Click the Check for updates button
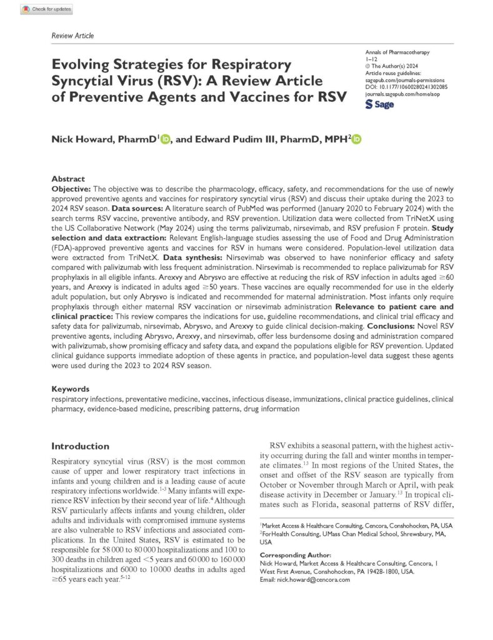pos(47,9)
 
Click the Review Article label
pos(72,36)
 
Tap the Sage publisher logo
pos(379,104)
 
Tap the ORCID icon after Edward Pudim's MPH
pos(356,141)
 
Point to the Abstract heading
pos(68,178)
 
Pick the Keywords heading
pos(70,389)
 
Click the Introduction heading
pos(80,446)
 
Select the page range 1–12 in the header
pos(370,59)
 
